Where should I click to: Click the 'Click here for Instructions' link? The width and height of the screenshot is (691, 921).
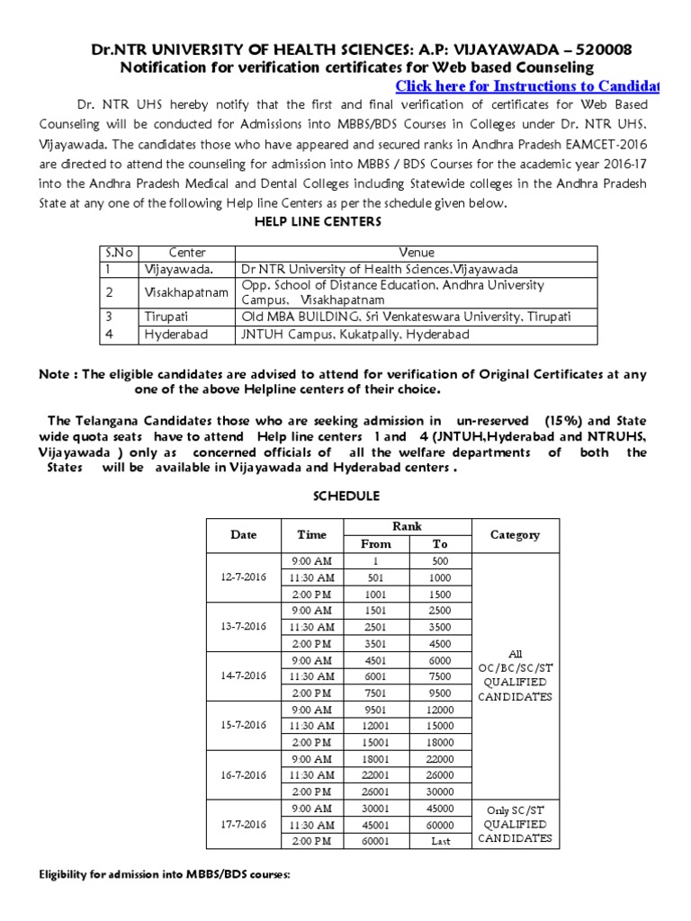[x=526, y=86]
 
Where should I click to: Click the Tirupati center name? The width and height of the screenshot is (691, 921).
[x=165, y=317]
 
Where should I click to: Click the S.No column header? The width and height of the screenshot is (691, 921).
[x=116, y=253]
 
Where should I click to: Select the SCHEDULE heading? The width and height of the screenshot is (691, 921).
[x=345, y=496]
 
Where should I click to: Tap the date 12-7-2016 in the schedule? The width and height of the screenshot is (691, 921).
[x=243, y=577]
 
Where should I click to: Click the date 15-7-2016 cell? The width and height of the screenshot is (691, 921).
[x=243, y=724]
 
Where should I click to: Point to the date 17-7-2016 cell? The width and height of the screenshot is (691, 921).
[x=243, y=823]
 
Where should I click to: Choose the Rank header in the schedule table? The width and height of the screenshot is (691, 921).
[x=408, y=526]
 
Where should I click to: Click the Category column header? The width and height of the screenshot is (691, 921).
[x=515, y=534]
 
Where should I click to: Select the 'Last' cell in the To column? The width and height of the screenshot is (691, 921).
[x=441, y=841]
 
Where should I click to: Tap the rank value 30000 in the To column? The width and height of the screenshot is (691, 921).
[x=441, y=791]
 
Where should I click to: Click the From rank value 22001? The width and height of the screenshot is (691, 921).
[x=376, y=774]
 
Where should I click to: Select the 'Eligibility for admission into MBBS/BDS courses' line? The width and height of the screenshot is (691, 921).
[x=164, y=875]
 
